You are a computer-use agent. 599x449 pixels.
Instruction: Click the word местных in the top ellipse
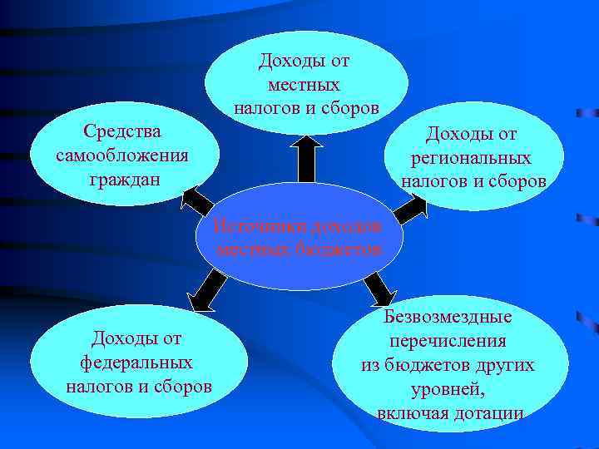(304, 85)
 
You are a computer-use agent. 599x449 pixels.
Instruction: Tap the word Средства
(123, 132)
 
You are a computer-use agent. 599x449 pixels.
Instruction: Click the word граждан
(123, 179)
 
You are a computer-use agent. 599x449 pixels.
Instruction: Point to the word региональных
(471, 158)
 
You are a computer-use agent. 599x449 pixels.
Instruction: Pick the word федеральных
(136, 363)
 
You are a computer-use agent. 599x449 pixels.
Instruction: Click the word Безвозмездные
(448, 317)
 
